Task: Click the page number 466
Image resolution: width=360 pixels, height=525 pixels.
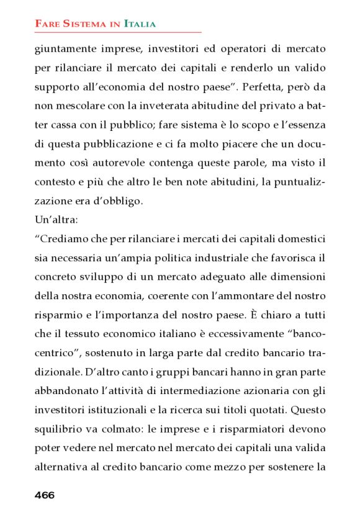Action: (45, 495)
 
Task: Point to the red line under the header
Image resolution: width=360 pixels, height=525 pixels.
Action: (118, 32)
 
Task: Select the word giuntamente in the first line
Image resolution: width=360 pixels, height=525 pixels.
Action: (65, 48)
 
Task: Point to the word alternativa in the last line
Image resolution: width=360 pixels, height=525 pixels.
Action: (63, 467)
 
